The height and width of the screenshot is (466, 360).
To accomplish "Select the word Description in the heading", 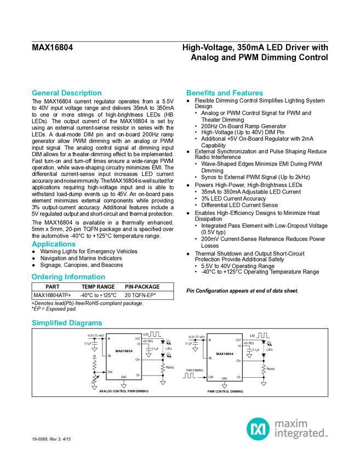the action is pyautogui.click(x=82, y=93).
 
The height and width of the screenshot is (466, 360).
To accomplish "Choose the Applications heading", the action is pyautogui.click(x=54, y=244).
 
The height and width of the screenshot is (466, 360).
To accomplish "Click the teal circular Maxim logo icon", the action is pyautogui.click(x=258, y=428).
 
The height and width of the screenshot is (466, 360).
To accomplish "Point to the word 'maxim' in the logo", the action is pyautogui.click(x=291, y=423).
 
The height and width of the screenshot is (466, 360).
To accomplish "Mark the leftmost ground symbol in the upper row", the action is pyautogui.click(x=94, y=349).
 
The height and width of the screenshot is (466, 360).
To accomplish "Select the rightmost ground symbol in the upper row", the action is pyautogui.click(x=249, y=355).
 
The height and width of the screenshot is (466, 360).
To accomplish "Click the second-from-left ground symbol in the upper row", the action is pyautogui.click(x=148, y=355).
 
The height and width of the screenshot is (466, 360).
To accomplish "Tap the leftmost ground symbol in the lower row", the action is pyautogui.click(x=94, y=387).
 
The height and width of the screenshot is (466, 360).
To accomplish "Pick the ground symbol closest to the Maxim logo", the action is pyautogui.click(x=264, y=384).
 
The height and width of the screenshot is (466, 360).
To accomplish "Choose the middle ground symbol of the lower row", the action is pyautogui.click(x=163, y=383).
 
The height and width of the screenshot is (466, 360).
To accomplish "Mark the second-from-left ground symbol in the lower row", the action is pyautogui.click(x=124, y=387).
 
